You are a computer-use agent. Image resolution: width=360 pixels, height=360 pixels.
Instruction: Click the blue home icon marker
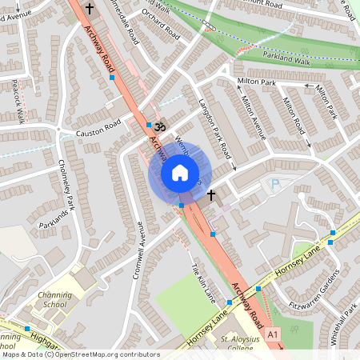pos(180,173)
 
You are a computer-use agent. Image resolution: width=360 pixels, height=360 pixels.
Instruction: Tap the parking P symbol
pos(275,185)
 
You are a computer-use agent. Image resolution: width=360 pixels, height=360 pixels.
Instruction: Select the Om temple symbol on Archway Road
pos(158,126)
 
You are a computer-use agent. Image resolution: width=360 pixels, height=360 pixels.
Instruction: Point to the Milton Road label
pos(292,115)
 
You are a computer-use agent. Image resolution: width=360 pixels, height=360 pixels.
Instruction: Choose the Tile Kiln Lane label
pos(204,279)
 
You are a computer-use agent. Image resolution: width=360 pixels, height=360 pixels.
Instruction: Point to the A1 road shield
pos(274,333)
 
